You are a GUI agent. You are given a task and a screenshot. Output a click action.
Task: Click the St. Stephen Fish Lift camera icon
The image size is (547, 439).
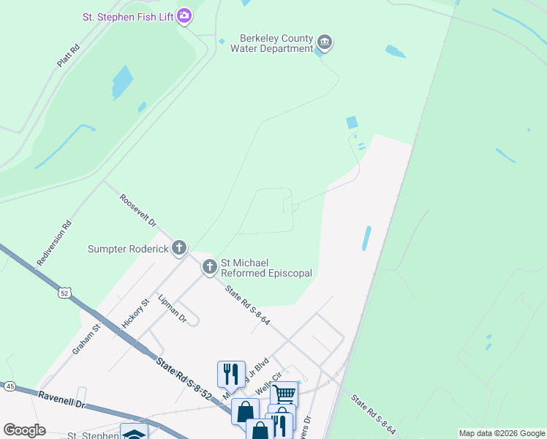tap(184, 15)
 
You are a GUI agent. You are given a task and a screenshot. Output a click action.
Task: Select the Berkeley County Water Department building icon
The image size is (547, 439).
tap(325, 43)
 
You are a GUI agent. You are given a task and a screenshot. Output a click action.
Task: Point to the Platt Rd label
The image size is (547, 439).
tap(68, 56)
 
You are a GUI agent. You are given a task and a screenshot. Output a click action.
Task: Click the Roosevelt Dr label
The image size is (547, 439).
tap(138, 210)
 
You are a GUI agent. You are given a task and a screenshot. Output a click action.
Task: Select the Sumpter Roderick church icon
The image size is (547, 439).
tap(179, 249)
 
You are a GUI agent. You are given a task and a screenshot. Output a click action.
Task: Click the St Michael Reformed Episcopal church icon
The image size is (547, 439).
tap(210, 267)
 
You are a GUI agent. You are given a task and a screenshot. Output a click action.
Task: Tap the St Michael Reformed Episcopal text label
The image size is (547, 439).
tap(266, 268)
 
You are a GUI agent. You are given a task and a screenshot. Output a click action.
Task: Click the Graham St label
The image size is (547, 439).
tap(85, 339)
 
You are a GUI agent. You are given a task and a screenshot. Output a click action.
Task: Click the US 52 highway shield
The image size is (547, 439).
tap(65, 293)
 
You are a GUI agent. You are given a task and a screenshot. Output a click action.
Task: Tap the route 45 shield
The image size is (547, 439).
tap(10, 386)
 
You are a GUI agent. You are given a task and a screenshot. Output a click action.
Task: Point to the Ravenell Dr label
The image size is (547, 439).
tap(62, 403)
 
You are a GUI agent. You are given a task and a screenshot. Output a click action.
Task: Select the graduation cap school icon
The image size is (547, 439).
tap(134, 433)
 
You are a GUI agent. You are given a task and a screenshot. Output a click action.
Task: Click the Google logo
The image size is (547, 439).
tap(24, 429)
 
